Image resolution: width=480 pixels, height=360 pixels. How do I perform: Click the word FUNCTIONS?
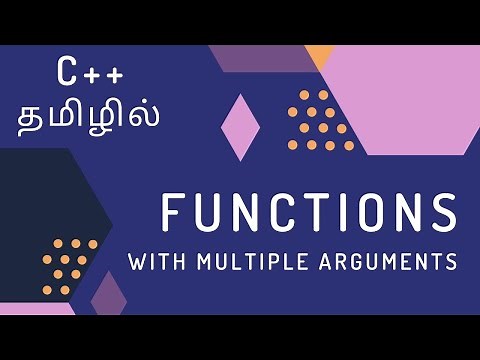[308, 215]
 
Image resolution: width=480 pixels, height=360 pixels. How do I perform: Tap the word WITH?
[154, 263]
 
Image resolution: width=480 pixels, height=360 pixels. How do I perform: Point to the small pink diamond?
[240, 127]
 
